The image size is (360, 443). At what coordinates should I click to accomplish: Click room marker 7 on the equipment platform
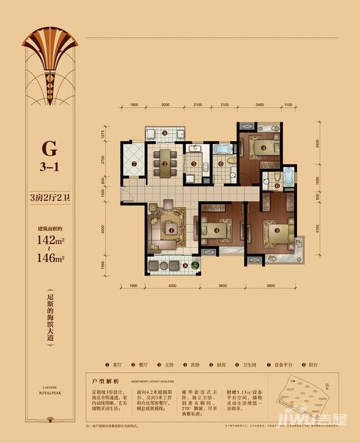click(x=134, y=163)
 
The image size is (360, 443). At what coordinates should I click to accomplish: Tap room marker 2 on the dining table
click(x=164, y=163)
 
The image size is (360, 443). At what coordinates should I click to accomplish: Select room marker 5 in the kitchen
click(x=193, y=163)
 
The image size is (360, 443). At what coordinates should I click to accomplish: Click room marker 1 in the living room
click(x=172, y=230)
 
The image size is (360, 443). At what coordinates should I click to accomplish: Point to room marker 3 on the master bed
click(x=277, y=230)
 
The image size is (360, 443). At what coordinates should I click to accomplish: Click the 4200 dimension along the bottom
click(x=172, y=286)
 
